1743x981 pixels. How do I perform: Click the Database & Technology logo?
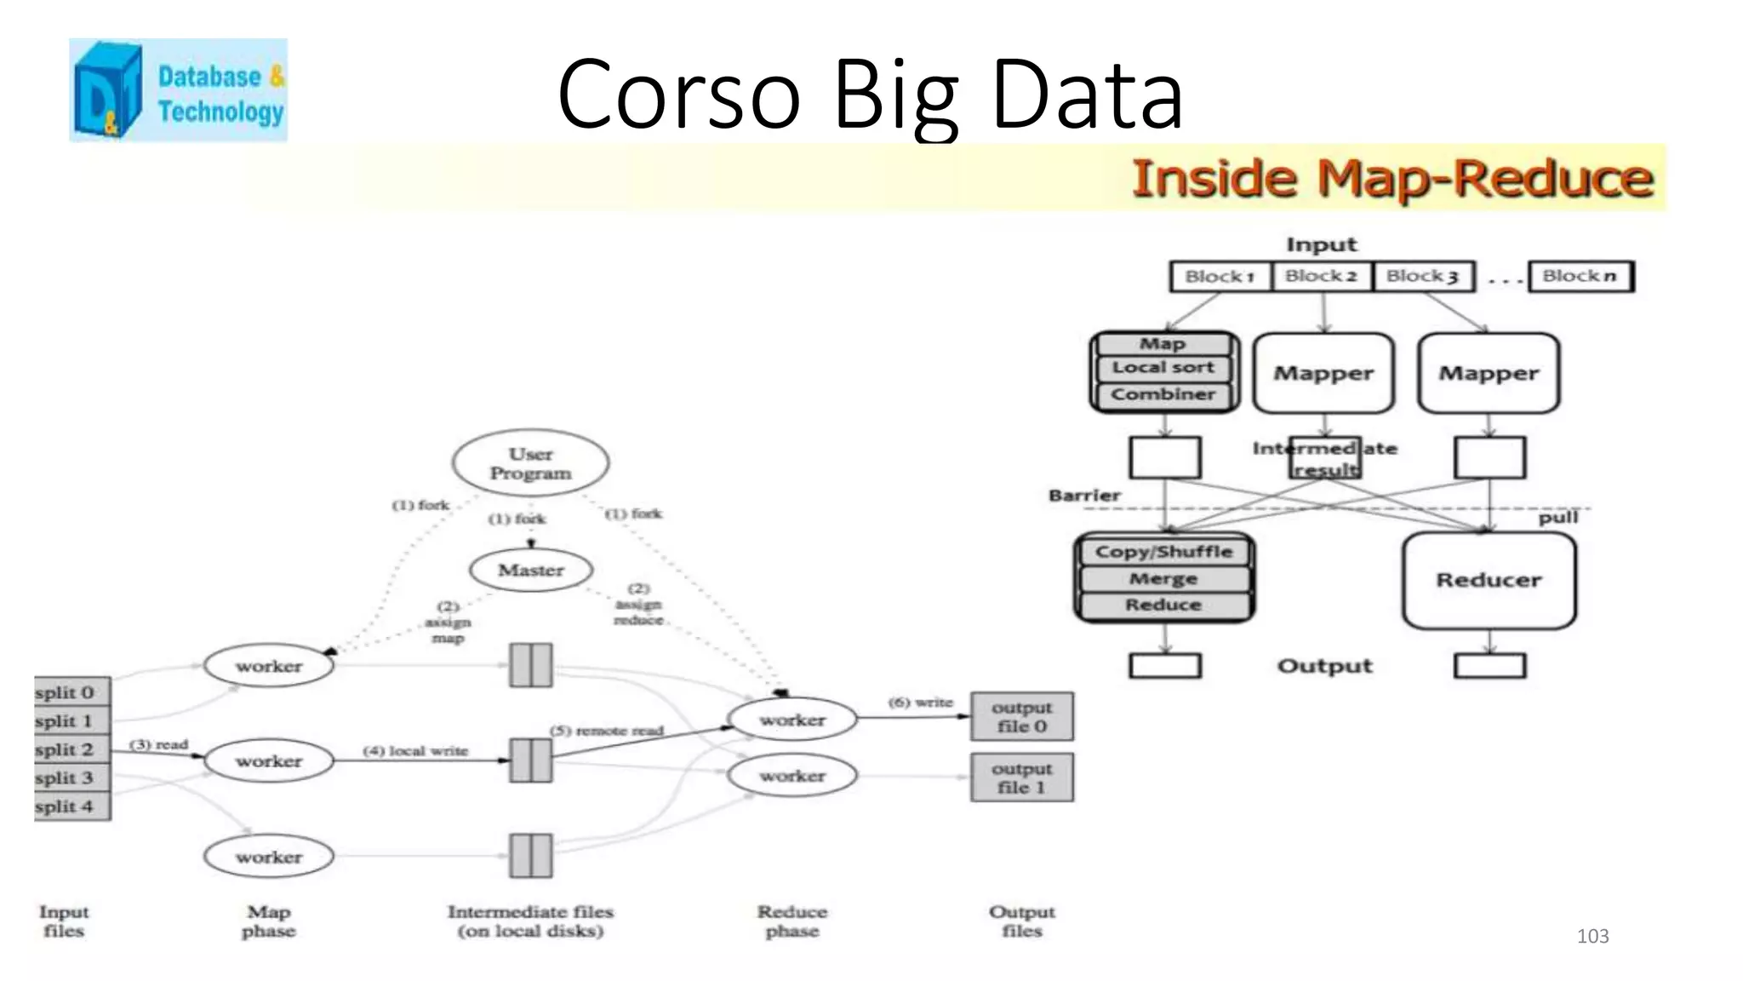point(178,90)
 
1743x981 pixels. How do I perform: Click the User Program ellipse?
point(530,463)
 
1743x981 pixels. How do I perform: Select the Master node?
point(531,570)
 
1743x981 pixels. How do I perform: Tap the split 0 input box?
point(71,692)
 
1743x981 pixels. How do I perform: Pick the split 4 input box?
point(71,806)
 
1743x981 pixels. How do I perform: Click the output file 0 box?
point(1021,716)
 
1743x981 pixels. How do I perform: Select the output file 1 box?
point(1021,777)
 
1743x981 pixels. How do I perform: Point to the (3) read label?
point(158,744)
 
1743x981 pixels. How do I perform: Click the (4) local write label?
point(415,750)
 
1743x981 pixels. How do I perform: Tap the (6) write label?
point(920,702)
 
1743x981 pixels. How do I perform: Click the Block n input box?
point(1580,276)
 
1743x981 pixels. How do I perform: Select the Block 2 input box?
point(1321,276)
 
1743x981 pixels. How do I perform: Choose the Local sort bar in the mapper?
point(1163,368)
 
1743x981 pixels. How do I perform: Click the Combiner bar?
point(1163,394)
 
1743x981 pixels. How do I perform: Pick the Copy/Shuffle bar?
point(1163,552)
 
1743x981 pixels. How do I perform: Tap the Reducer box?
point(1489,580)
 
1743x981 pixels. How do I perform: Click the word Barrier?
point(1084,495)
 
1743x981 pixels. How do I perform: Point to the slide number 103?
point(1592,936)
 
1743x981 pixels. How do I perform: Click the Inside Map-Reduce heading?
point(1392,179)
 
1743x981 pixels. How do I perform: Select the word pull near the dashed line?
point(1557,518)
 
